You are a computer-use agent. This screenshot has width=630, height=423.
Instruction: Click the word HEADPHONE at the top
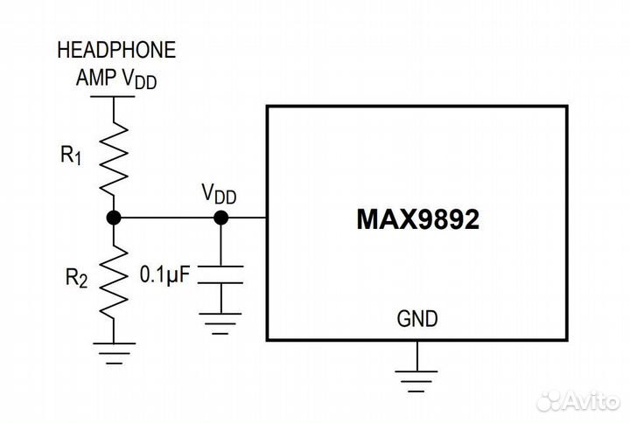tap(116, 50)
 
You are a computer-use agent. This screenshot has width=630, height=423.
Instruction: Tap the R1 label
tap(71, 156)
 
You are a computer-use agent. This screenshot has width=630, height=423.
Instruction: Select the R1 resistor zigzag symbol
tap(115, 156)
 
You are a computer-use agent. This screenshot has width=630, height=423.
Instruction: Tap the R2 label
tap(76, 278)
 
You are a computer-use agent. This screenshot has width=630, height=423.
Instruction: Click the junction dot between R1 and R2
tap(114, 218)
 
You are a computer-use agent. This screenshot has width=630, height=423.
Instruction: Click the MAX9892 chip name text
tap(417, 218)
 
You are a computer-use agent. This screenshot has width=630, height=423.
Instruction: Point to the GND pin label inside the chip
tap(417, 319)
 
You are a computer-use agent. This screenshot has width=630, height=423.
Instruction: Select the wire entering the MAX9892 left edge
tap(249, 218)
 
